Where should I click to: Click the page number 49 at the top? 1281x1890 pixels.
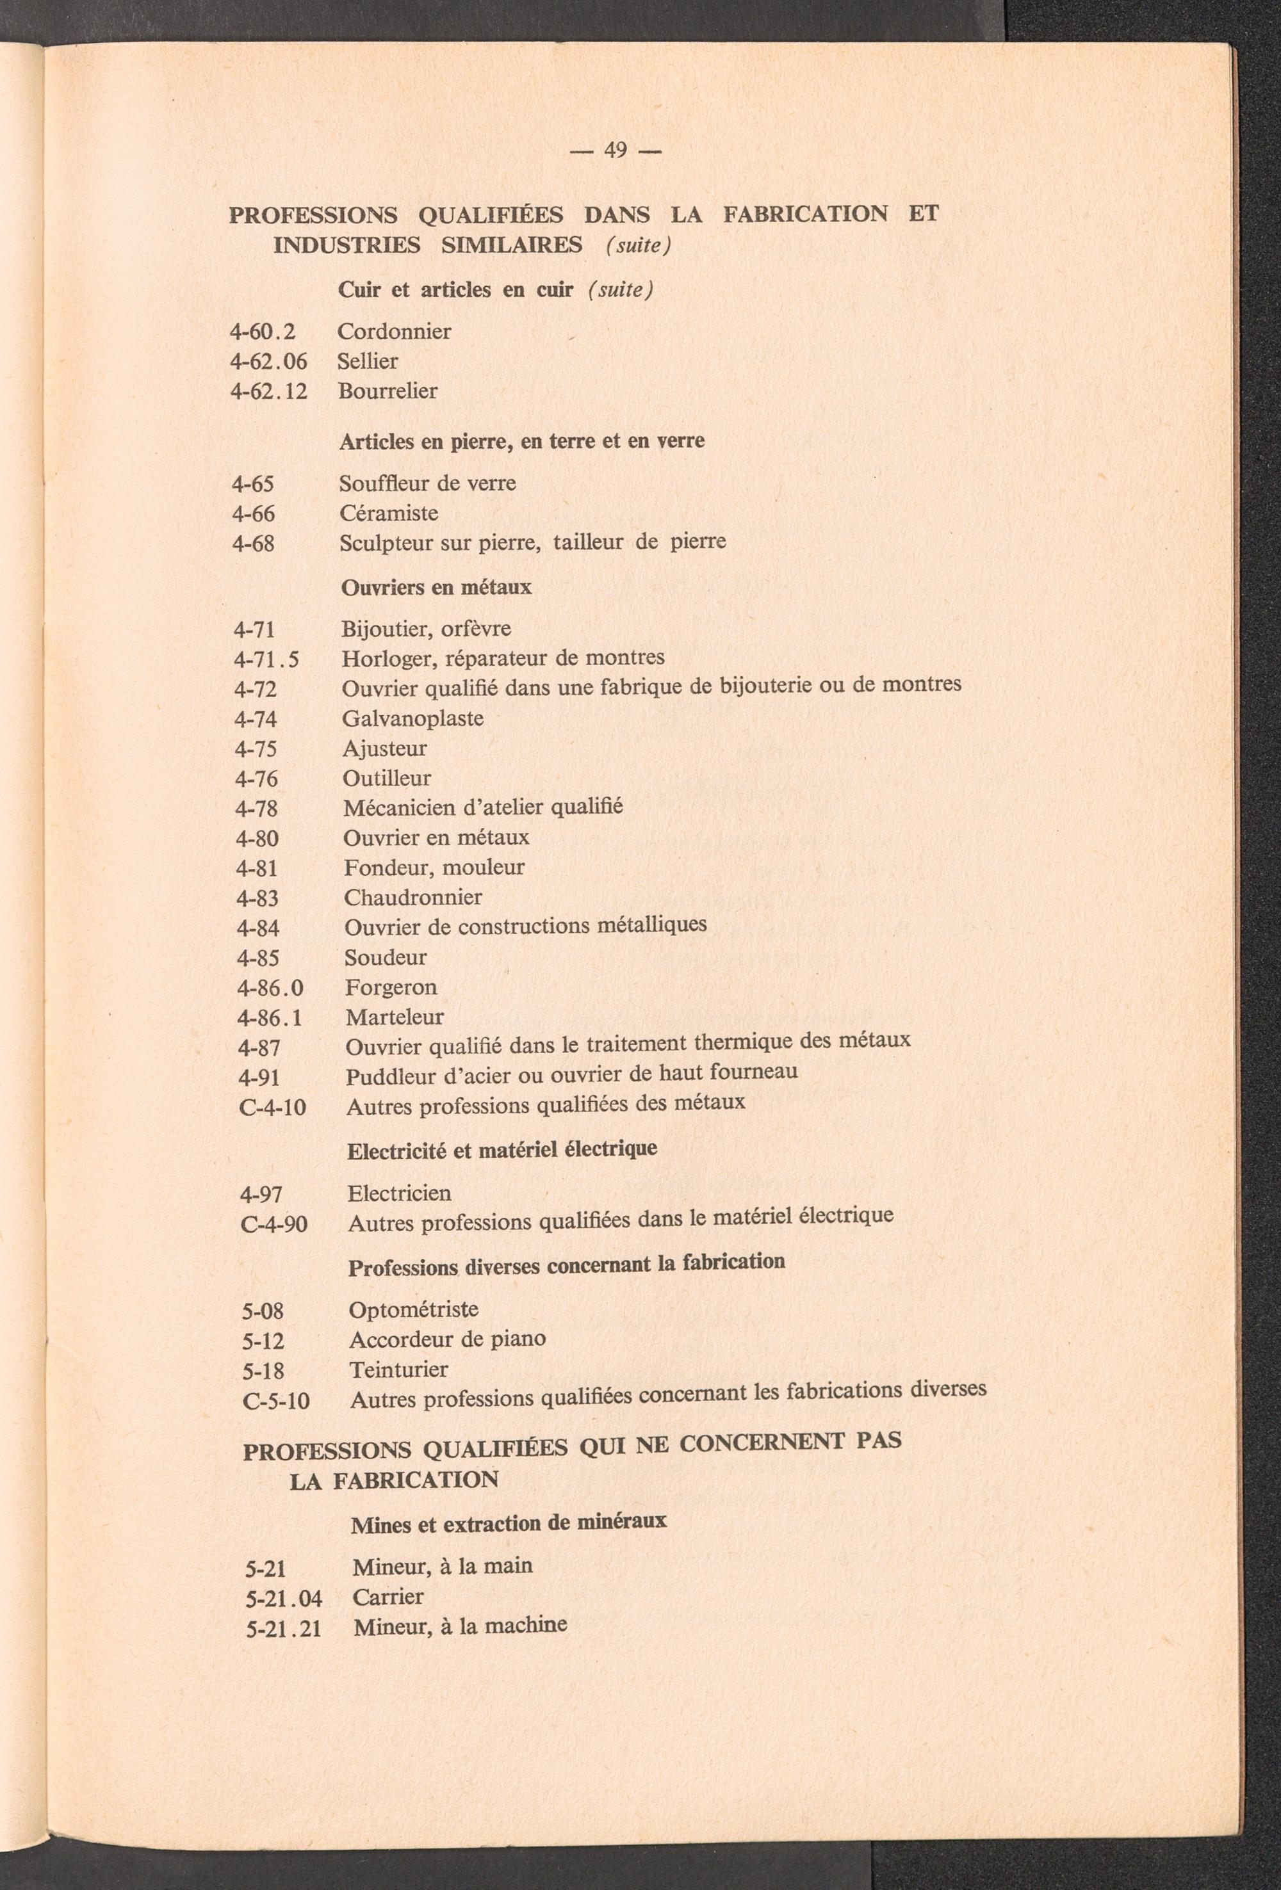615,150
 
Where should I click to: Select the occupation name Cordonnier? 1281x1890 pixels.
395,332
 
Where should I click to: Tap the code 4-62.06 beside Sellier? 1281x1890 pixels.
269,361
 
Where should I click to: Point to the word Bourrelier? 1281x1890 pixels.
388,391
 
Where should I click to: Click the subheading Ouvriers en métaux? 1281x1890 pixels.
436,587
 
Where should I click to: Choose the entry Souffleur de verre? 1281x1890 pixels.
427,484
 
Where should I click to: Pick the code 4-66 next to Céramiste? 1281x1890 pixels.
254,514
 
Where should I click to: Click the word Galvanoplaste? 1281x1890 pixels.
412,719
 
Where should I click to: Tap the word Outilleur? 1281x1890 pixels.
386,779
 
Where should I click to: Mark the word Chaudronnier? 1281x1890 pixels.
412,898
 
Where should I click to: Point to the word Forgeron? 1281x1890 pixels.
391,988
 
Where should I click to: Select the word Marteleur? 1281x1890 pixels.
395,1017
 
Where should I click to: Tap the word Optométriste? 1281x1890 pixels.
413,1310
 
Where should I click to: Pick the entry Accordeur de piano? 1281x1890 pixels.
447,1339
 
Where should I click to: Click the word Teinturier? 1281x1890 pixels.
398,1369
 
